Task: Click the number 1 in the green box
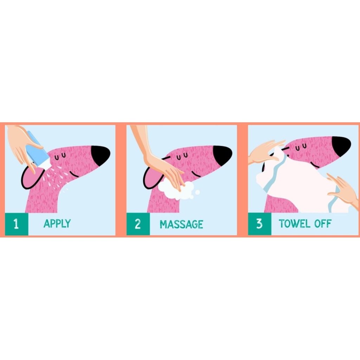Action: (16, 224)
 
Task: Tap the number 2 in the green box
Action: (138, 224)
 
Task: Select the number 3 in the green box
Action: (259, 224)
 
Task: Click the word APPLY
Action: (57, 224)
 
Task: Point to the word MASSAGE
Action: (181, 224)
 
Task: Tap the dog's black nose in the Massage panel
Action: (223, 153)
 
